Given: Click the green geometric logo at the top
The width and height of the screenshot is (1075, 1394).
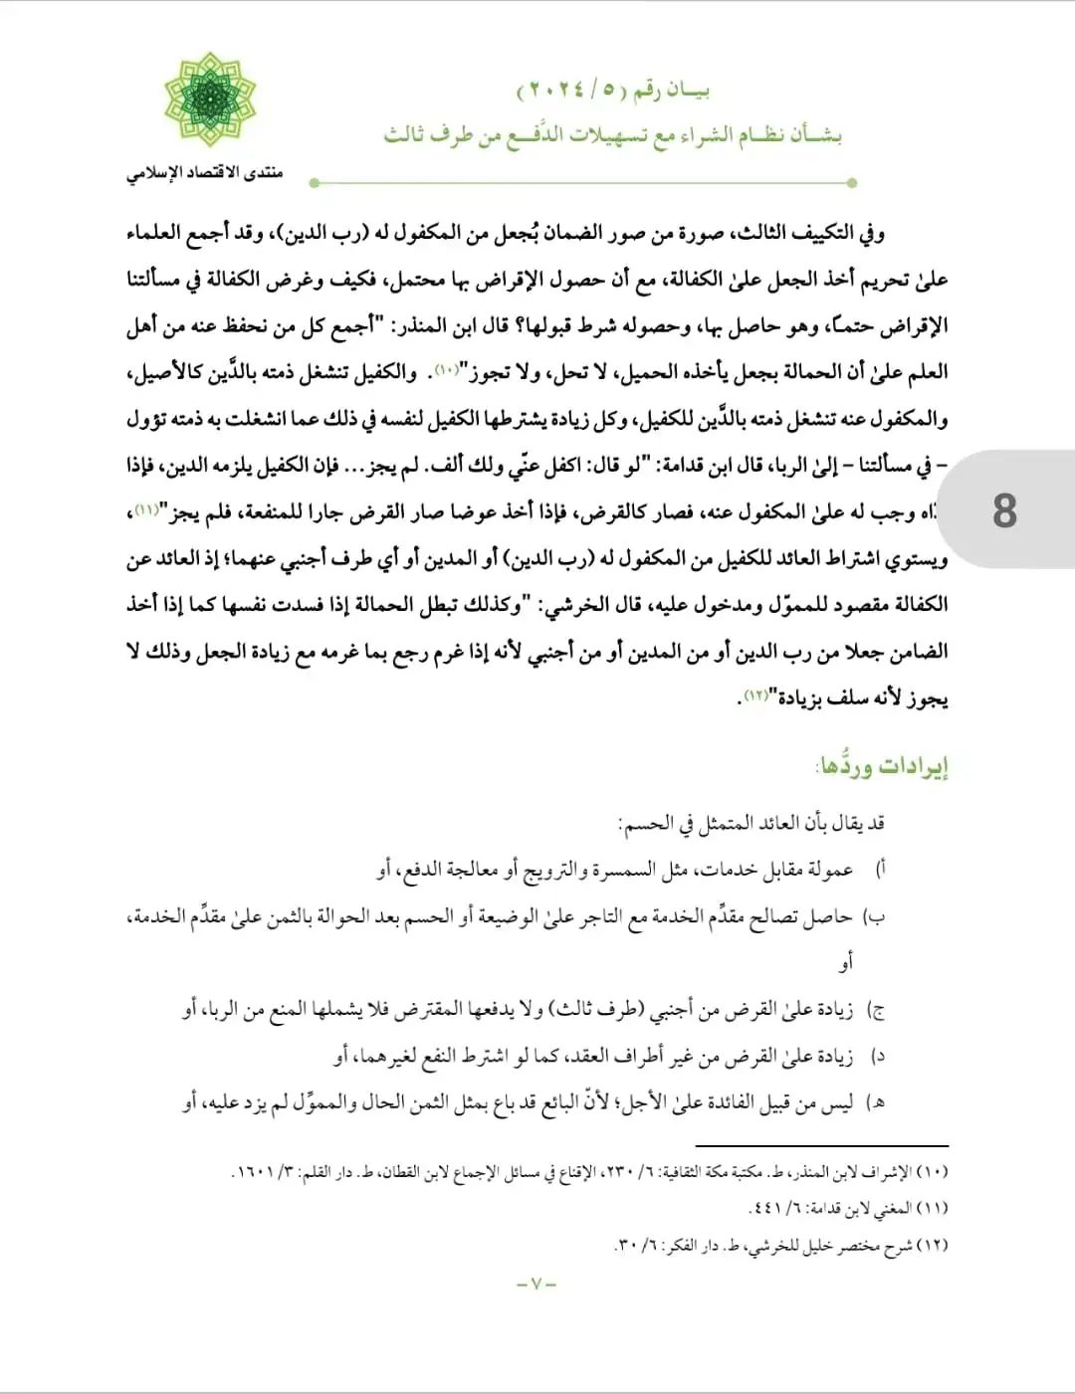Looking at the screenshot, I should [x=210, y=100].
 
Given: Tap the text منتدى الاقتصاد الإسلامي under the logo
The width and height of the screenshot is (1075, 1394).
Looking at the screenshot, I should [x=204, y=173].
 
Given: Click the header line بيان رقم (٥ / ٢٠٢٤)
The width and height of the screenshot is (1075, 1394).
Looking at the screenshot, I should [x=613, y=91].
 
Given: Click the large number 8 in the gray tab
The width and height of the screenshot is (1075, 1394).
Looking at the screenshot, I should [x=1004, y=510].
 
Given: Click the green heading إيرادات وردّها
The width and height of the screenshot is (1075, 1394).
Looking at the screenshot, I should [x=882, y=765].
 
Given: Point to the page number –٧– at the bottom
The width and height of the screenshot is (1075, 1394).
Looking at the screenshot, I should [x=537, y=1284].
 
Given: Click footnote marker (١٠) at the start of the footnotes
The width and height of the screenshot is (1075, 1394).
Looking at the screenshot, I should [x=932, y=1172].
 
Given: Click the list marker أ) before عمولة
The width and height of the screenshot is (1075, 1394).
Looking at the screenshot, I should [x=880, y=869].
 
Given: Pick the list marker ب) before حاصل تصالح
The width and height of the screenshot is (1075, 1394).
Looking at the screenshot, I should [x=875, y=916].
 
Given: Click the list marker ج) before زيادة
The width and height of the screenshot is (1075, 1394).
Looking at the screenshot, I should [x=877, y=1010].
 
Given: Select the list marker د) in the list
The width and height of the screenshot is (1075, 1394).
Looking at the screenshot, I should [x=878, y=1056].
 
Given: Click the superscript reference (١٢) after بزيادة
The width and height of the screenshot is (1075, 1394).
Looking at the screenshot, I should [x=755, y=694].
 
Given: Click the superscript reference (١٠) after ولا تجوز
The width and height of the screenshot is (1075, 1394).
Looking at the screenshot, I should [x=445, y=368].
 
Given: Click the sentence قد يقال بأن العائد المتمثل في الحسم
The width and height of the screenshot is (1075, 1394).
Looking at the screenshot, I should [x=752, y=823].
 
